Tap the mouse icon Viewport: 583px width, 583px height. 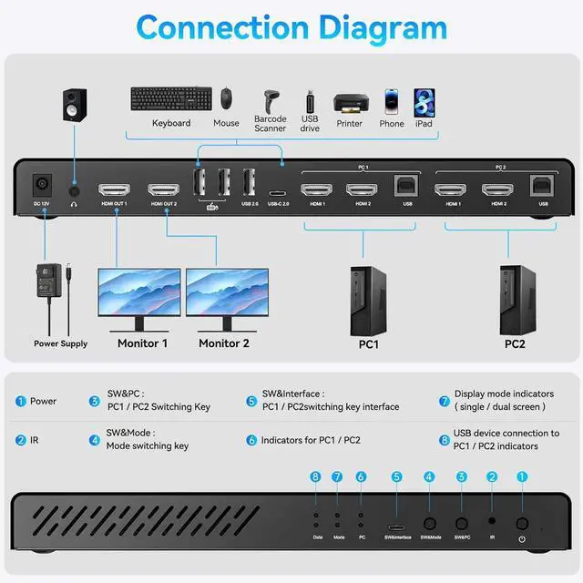[226, 98]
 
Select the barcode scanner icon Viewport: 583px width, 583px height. [271, 99]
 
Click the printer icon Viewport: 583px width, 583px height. [349, 103]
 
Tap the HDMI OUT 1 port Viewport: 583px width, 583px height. [115, 190]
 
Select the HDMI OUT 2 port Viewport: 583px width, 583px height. [164, 190]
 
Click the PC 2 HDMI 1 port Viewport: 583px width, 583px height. [451, 190]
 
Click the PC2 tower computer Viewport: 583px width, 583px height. [514, 298]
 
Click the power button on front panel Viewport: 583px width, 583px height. [522, 524]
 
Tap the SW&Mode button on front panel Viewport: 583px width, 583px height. [430, 525]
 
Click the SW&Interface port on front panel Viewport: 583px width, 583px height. [396, 527]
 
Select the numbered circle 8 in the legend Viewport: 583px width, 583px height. [445, 440]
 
